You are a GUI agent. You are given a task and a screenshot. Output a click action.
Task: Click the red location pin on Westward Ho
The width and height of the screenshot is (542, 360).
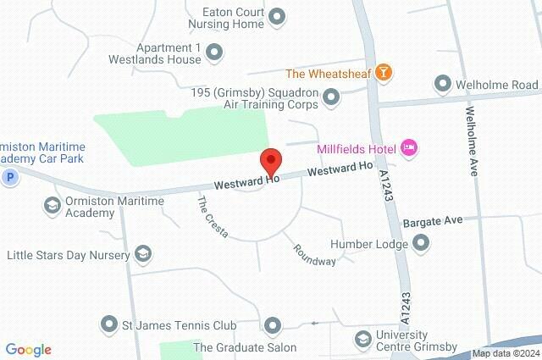(x=271, y=160)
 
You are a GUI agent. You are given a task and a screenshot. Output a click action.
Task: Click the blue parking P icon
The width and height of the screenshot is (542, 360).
(x=10, y=177)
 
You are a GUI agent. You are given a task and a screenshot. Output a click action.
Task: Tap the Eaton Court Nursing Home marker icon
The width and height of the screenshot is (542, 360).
(x=275, y=16)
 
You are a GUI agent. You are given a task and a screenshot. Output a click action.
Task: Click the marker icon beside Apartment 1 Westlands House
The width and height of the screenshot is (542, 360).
(x=214, y=53)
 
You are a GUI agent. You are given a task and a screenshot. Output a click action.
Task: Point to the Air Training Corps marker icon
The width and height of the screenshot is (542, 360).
(x=331, y=99)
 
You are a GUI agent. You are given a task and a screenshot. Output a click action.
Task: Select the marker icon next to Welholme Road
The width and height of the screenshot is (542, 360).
(x=442, y=83)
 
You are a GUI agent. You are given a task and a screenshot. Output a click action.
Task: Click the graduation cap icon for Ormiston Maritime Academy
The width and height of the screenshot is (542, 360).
(x=52, y=205)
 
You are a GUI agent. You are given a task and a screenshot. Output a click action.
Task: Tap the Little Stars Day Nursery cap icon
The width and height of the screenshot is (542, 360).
(x=143, y=253)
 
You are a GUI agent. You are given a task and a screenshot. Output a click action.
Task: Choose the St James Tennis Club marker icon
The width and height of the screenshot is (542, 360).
(x=108, y=324)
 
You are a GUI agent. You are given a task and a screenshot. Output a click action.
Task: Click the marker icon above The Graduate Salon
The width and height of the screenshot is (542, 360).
(x=272, y=324)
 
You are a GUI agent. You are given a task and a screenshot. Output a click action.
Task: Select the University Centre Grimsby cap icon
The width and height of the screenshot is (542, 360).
(x=362, y=339)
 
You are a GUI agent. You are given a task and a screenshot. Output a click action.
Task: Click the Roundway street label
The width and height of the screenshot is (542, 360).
(x=315, y=255)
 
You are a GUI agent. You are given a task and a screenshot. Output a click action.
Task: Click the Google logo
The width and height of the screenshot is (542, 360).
(x=28, y=350)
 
